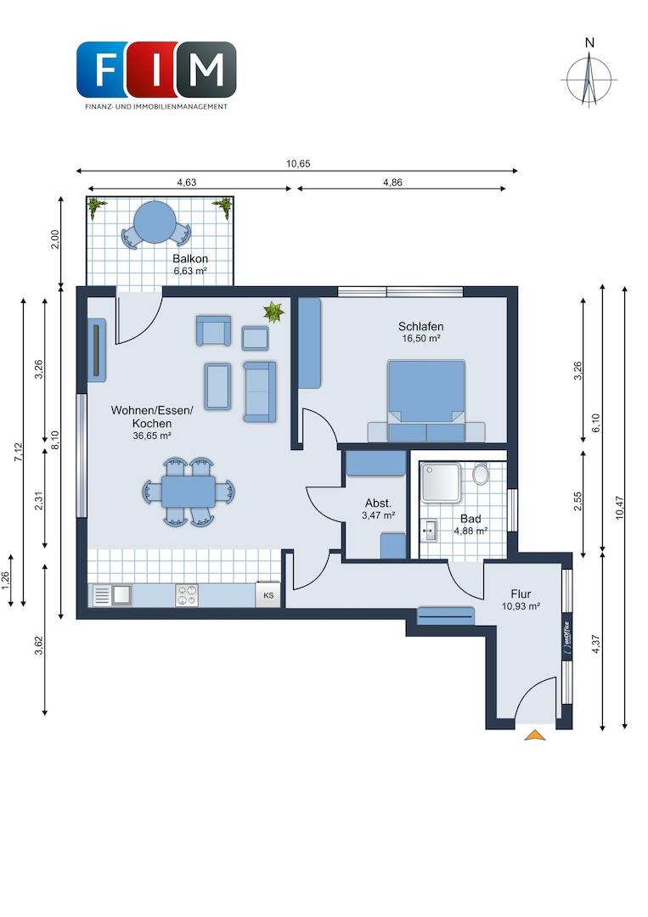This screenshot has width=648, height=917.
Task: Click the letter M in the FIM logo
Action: click(x=207, y=70)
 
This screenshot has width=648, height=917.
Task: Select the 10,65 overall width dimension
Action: click(x=298, y=164)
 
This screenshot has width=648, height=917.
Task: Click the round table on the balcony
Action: click(x=155, y=222)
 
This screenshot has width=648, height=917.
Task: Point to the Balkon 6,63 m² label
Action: click(x=190, y=264)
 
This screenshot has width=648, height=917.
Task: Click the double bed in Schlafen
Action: click(x=426, y=401)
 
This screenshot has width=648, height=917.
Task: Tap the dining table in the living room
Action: click(x=189, y=492)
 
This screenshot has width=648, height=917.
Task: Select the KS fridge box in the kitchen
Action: click(x=268, y=594)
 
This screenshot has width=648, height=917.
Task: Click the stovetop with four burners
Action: click(x=187, y=594)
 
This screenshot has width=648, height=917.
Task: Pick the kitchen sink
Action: click(x=113, y=594)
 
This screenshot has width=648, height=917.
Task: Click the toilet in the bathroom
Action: click(x=481, y=474)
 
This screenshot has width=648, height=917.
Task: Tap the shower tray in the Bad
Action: click(x=442, y=482)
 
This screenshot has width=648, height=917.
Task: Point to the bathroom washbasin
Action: click(x=429, y=531)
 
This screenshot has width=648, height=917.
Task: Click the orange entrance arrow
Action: click(x=534, y=735)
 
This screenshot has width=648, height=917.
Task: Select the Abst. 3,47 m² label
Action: click(x=379, y=509)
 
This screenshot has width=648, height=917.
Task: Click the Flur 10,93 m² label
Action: click(x=521, y=600)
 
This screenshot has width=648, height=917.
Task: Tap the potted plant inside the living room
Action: click(x=273, y=311)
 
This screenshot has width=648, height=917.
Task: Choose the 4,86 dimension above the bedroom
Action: click(x=392, y=183)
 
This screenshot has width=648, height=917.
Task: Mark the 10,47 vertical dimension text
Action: click(x=620, y=507)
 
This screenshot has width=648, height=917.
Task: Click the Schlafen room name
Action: click(x=420, y=326)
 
